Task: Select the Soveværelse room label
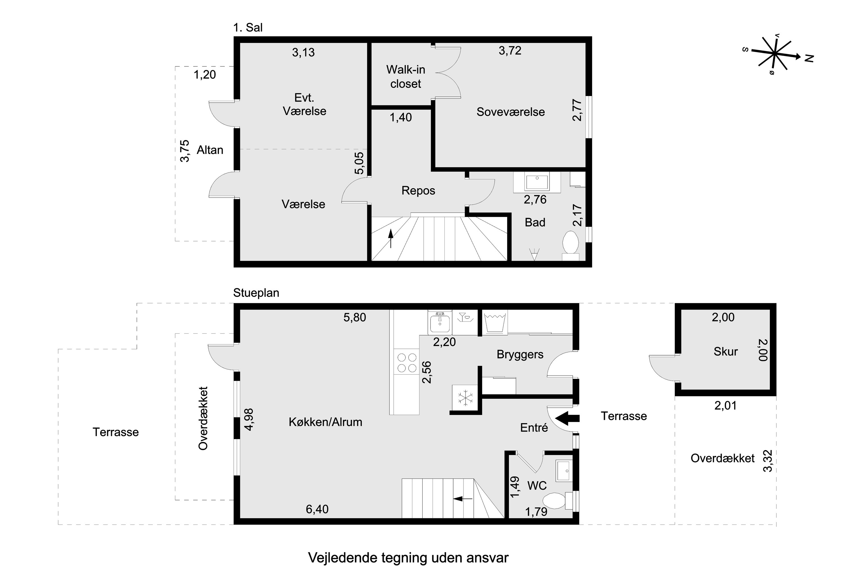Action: point(510,112)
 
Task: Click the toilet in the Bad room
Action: point(571,243)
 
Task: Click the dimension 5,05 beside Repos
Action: point(359,163)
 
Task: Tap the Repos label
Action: point(418,191)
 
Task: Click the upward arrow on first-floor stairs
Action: point(390,238)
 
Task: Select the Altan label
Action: point(210,150)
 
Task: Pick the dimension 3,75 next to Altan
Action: point(185,151)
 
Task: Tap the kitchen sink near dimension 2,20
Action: point(439,322)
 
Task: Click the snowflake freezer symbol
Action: point(465,397)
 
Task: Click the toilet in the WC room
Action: point(555,501)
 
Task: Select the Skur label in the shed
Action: point(725,351)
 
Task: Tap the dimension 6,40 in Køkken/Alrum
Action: point(317,509)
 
